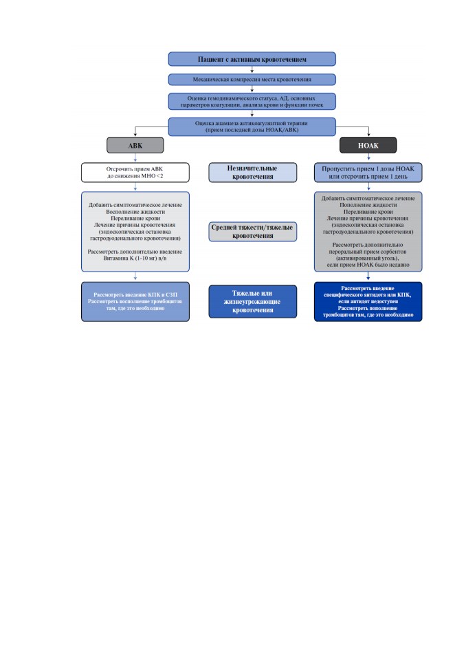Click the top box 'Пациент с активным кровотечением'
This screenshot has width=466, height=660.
[252, 59]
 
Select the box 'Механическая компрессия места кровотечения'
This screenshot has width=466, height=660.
[252, 80]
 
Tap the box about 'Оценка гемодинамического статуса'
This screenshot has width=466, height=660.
[252, 102]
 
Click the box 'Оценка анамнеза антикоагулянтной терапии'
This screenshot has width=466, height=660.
[252, 126]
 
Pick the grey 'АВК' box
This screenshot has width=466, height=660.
[135, 145]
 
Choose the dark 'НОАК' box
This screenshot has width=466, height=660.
[368, 145]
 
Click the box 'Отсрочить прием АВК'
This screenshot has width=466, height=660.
[135, 173]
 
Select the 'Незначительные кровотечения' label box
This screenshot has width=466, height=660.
[252, 173]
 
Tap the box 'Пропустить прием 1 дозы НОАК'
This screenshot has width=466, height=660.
[368, 173]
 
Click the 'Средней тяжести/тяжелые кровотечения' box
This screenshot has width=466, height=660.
[252, 232]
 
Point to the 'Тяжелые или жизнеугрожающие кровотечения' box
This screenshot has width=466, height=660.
[252, 301]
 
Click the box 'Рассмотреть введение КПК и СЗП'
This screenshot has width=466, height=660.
[135, 302]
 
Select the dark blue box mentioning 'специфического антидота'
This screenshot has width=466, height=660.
[368, 302]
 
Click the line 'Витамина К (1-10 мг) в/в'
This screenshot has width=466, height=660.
[135, 258]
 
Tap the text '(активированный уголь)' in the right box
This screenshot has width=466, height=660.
[368, 258]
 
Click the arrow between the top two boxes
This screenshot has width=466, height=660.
[252, 70]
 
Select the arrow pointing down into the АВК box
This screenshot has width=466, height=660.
[135, 131]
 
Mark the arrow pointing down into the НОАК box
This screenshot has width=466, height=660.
[368, 131]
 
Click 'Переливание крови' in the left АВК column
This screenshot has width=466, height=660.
[135, 219]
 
